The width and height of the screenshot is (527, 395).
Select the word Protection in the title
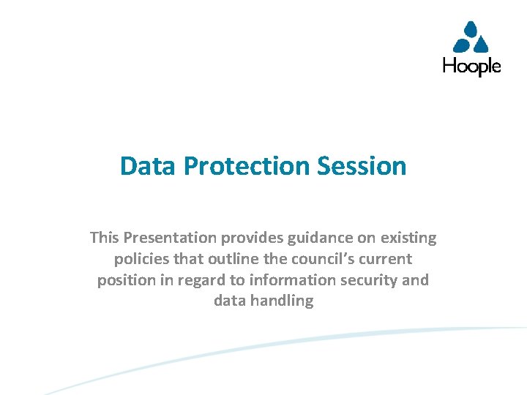(x=247, y=166)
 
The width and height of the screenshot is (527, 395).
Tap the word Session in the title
(x=362, y=166)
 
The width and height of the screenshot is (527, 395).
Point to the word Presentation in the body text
(x=170, y=238)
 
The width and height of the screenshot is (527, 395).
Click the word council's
(x=319, y=259)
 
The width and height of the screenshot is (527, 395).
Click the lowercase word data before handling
(x=230, y=301)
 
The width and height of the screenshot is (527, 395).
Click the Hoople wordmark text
(x=471, y=67)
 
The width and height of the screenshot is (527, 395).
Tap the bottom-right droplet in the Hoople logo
(x=482, y=46)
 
